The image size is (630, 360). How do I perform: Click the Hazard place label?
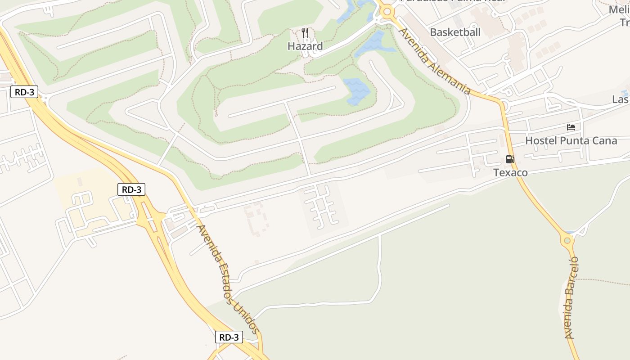[x=305, y=46]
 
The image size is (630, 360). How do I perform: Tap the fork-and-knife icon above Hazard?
[x=305, y=32]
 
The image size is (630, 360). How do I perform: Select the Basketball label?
[x=455, y=32]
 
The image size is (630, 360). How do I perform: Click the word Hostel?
[x=541, y=141]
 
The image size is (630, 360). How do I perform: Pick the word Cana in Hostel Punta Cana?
[x=604, y=141]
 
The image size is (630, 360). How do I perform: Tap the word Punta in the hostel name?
[x=574, y=141]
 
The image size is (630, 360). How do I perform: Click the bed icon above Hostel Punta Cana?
[x=571, y=127]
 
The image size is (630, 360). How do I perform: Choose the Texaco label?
[x=510, y=173]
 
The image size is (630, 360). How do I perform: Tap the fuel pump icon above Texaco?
[x=510, y=159]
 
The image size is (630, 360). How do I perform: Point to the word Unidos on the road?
[x=247, y=317]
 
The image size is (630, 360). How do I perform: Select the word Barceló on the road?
[x=572, y=272]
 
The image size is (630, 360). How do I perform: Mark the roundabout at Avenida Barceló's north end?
[x=567, y=240]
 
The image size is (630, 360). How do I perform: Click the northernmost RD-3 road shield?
[x=24, y=92]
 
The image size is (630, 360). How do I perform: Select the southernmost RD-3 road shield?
[x=229, y=337]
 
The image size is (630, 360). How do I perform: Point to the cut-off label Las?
[x=620, y=99]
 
